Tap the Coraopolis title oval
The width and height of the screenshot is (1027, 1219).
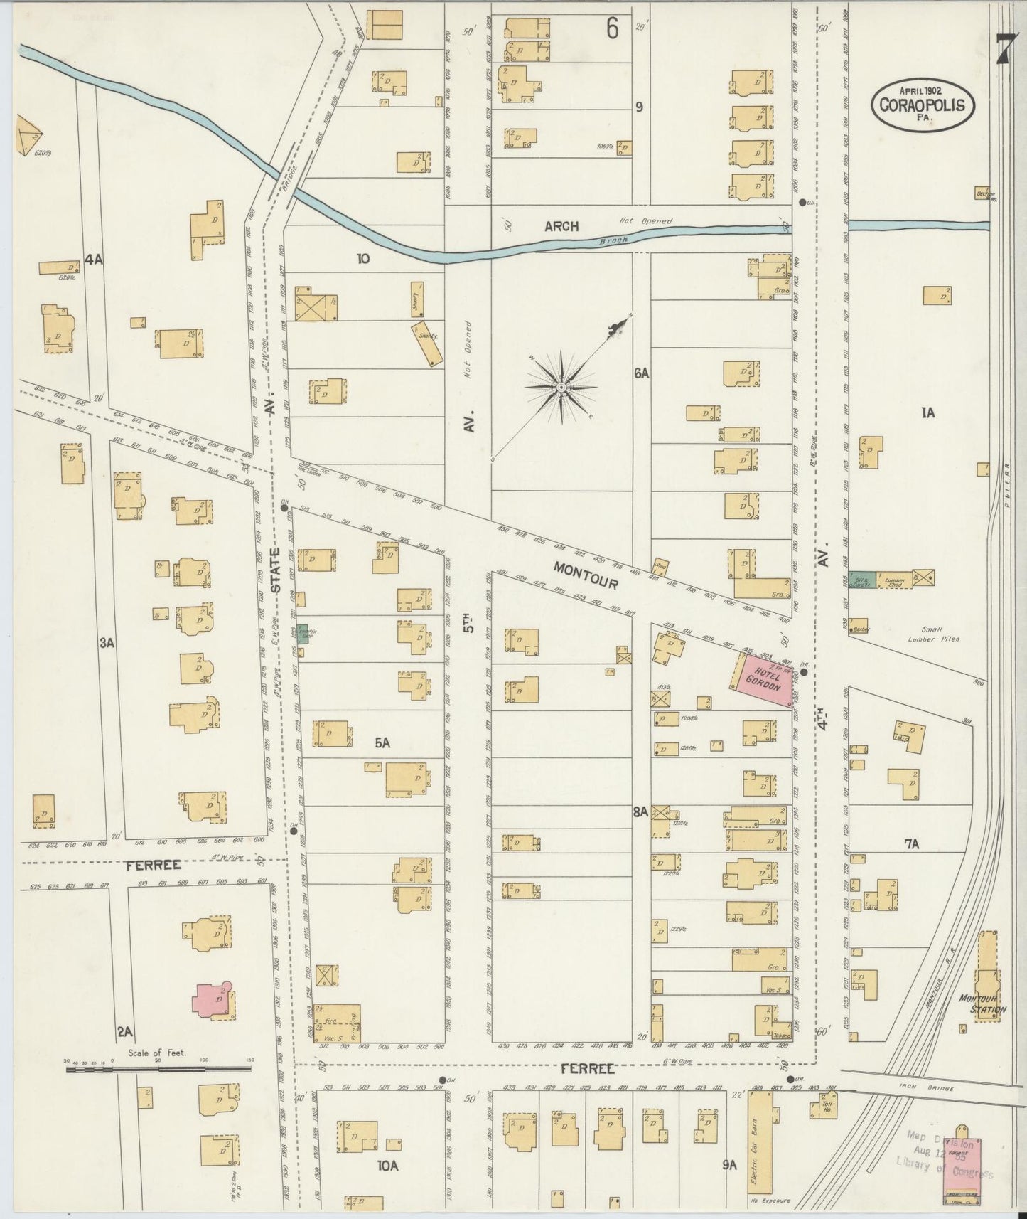pos(922,104)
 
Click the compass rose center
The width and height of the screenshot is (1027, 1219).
pos(561,386)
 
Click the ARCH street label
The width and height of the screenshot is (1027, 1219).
pos(561,227)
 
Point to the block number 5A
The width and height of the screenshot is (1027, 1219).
pos(382,742)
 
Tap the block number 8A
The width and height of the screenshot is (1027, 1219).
pos(640,810)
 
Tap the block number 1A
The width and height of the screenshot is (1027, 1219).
pos(927,412)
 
